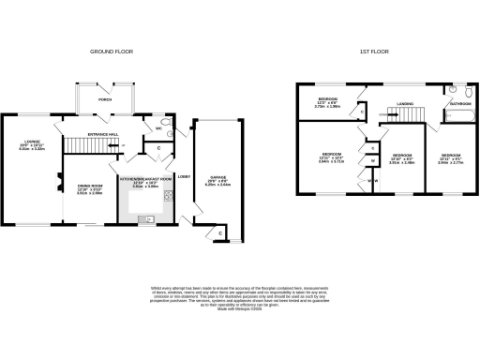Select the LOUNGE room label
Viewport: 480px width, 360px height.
(32, 143)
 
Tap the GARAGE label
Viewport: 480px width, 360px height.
(217, 178)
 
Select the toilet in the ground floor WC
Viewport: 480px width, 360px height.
(165, 123)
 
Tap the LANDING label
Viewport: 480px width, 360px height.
(405, 104)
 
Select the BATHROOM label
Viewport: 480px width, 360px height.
(460, 103)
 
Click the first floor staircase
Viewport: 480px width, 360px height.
(405, 114)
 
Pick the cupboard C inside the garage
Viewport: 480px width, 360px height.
(220, 232)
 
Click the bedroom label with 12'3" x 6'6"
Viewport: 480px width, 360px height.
(326, 101)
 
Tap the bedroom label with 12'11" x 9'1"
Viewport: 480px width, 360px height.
(451, 157)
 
